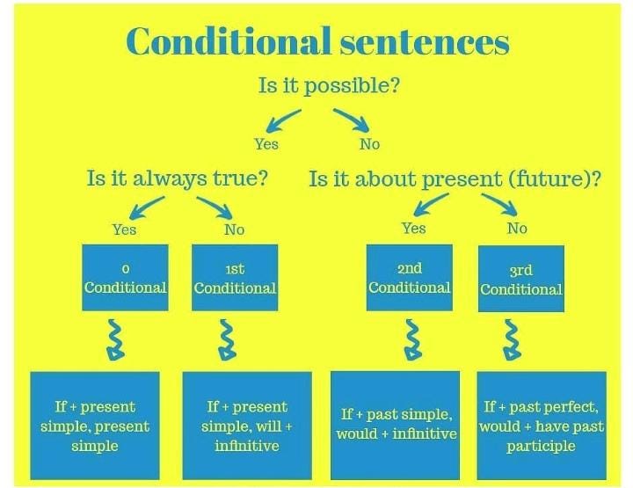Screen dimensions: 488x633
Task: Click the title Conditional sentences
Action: (317, 41)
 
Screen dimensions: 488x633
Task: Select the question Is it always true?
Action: (177, 178)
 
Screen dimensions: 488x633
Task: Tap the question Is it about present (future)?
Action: (455, 178)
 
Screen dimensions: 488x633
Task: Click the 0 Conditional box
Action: (125, 278)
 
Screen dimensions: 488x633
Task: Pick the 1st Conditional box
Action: (235, 278)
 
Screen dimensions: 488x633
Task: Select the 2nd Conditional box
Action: (409, 278)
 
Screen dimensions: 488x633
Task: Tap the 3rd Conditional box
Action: (520, 279)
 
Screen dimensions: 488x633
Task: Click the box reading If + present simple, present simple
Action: (95, 426)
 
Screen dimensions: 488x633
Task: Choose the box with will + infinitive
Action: (247, 426)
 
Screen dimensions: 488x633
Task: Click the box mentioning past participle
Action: (541, 426)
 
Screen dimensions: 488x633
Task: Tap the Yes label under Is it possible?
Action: (266, 143)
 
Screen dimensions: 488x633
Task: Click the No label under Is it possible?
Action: (369, 143)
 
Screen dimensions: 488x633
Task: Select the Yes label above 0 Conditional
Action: (124, 229)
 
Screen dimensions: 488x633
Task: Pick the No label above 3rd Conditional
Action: (517, 228)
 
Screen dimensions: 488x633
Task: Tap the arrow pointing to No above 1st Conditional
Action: (213, 207)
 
